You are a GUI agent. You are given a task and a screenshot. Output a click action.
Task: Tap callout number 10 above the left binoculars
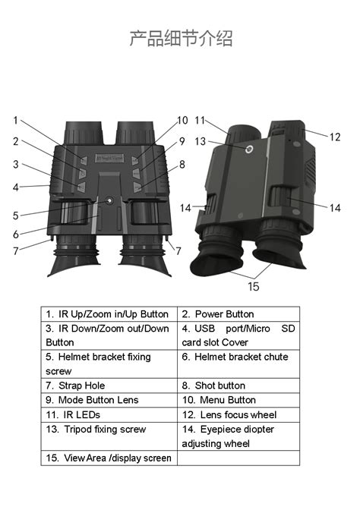pos(182,121)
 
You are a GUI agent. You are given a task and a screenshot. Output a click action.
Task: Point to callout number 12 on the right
pos(335,137)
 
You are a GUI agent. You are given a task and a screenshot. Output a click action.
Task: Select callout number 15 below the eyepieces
pos(254,286)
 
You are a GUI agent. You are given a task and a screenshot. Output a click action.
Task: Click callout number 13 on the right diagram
pos(201,141)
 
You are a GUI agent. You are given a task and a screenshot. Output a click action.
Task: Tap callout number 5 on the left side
pos(16,216)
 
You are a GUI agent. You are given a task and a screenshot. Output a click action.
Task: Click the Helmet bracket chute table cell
pos(238,357)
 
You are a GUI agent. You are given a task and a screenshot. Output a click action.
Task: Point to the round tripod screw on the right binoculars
pos(248,150)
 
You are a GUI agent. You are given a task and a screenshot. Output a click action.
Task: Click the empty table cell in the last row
pos(238,458)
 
